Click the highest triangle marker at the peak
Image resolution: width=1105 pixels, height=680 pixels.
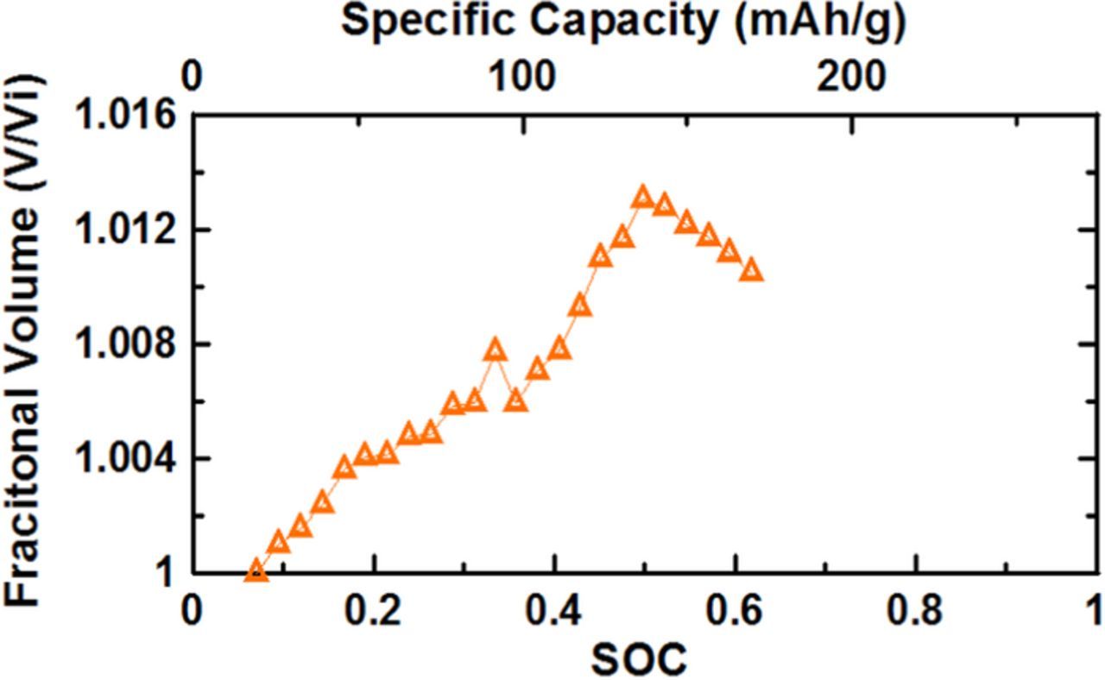(642, 198)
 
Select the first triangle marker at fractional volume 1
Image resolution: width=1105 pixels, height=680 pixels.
(255, 570)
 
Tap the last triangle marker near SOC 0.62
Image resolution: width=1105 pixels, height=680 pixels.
(751, 270)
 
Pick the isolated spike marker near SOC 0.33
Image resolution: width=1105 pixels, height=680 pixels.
(495, 350)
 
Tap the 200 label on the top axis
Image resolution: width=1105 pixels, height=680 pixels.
(851, 78)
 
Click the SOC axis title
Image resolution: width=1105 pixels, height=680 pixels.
(639, 659)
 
